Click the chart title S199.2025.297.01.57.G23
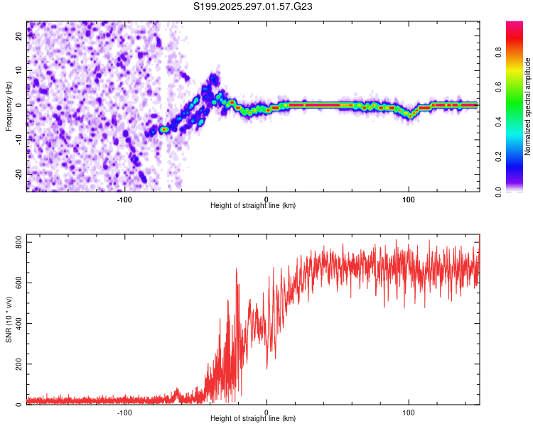[x=254, y=6]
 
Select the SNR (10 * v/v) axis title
[x=9, y=319]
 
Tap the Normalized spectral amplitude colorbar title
[x=528, y=106]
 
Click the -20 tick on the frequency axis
[x=18, y=173]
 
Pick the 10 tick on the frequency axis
[x=19, y=71]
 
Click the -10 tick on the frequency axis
[x=18, y=139]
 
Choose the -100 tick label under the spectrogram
[x=124, y=199]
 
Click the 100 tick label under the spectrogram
[x=408, y=199]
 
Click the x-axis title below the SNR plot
[x=253, y=419]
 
